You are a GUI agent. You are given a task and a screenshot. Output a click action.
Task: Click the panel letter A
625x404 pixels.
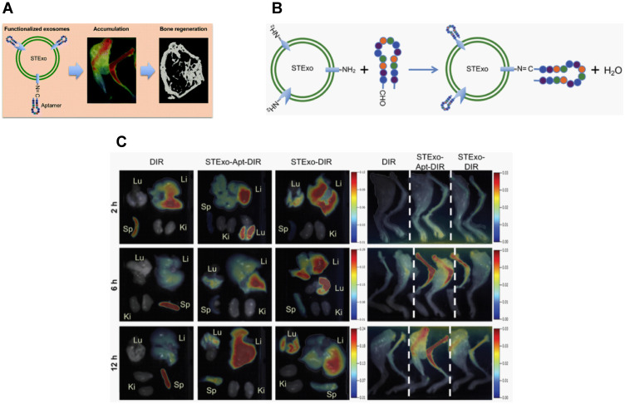(x=7, y=10)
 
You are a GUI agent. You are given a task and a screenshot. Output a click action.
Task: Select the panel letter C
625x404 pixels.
(x=121, y=143)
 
